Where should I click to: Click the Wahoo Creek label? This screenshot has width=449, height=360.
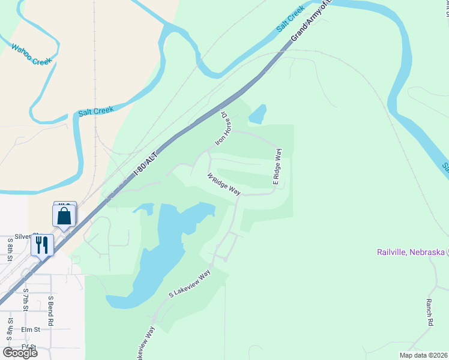(x=32, y=53)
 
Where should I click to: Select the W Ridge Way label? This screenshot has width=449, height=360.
(x=224, y=185)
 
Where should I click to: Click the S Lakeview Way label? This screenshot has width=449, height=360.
(x=190, y=284)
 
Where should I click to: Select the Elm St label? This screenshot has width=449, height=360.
(x=30, y=329)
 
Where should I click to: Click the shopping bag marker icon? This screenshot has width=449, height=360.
(x=64, y=216)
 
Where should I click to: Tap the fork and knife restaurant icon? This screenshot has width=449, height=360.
(x=41, y=244)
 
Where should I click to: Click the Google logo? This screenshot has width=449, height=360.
(x=20, y=352)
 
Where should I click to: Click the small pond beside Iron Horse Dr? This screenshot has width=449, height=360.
(x=258, y=114)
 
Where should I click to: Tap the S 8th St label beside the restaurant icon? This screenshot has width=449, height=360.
(x=10, y=250)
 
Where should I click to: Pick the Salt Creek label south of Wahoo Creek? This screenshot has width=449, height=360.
(x=95, y=111)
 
